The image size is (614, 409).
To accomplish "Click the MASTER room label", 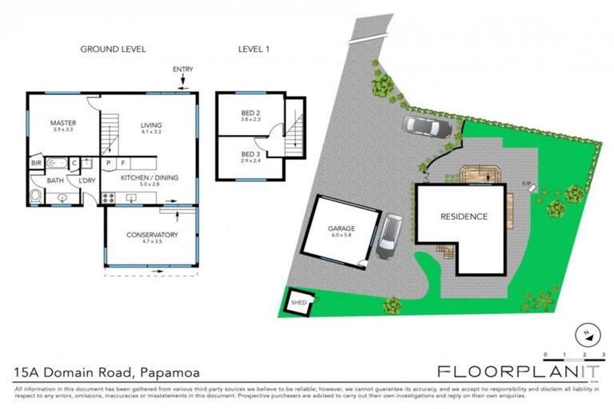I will tap(63, 123).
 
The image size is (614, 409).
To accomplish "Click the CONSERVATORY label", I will tap(151, 235).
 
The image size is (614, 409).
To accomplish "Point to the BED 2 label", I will tap(251, 114).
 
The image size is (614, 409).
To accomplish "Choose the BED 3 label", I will tap(250, 153).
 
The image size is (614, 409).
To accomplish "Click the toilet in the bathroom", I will tap(35, 197).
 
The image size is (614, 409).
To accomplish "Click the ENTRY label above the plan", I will tap(182, 69).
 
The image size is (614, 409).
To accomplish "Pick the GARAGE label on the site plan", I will tap(341, 228).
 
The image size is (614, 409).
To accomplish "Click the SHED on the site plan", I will tap(298, 302).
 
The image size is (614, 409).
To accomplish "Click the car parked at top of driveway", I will tap(428, 126).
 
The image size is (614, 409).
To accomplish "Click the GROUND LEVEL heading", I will tap(113, 50).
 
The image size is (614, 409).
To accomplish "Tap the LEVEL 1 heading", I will tap(254, 50).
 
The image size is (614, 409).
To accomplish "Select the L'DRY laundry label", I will tap(87, 181).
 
